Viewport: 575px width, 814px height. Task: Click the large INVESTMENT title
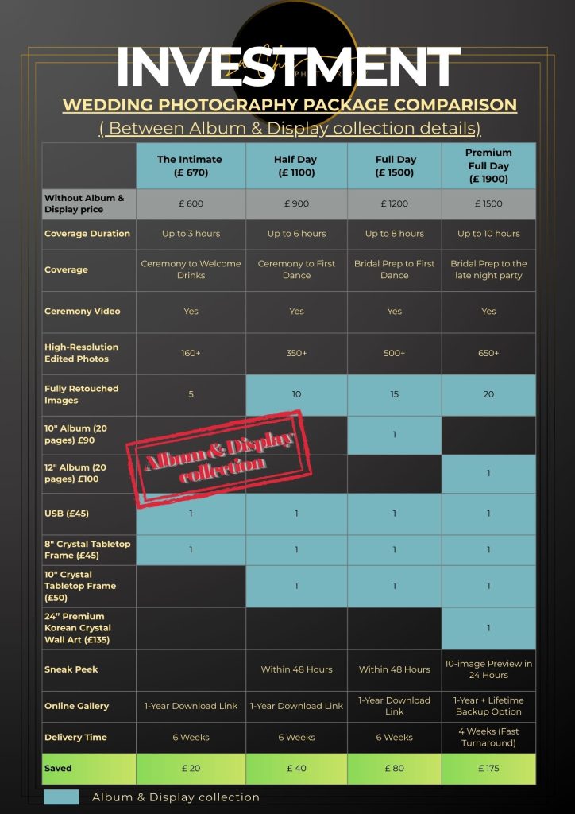(287, 67)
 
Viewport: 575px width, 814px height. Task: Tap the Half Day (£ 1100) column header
(296, 166)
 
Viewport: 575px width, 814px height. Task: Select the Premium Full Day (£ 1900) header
(488, 166)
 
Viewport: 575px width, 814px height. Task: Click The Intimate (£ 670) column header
(191, 166)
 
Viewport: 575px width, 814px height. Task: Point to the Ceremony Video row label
(83, 312)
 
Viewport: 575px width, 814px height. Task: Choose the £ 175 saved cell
(488, 769)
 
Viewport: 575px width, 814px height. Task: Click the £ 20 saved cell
(191, 769)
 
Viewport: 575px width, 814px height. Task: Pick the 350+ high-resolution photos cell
(296, 353)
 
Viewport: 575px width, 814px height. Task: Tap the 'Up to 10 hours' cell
(488, 234)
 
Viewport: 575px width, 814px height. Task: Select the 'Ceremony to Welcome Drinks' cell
(191, 269)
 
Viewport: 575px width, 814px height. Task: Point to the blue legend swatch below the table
(61, 797)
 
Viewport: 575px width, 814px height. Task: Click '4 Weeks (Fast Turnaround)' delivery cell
(488, 737)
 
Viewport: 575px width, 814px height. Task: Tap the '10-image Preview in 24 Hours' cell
(488, 669)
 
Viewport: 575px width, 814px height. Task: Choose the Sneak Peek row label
(71, 669)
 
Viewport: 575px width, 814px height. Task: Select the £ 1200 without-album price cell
(395, 203)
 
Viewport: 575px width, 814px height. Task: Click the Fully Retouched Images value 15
(395, 394)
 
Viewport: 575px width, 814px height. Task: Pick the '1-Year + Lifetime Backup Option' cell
(488, 706)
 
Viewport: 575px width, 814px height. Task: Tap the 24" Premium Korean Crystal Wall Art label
(79, 628)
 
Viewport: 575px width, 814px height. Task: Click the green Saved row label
(59, 769)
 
